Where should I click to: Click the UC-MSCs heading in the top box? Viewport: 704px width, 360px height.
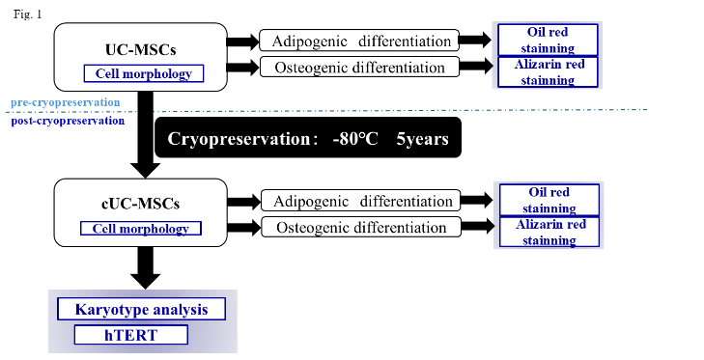pos(140,48)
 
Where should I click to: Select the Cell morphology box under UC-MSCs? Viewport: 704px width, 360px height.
pos(143,73)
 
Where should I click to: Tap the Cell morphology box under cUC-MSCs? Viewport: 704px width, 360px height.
pos(141,229)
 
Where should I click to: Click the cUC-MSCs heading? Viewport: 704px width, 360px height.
pos(141,204)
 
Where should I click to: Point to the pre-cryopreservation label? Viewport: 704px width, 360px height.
pos(66,101)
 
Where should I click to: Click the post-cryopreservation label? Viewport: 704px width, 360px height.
pos(68,121)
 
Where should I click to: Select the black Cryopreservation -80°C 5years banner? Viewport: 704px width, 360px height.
pos(308,137)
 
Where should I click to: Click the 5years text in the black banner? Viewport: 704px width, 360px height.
pos(421,137)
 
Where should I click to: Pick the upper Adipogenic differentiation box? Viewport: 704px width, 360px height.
pos(356,42)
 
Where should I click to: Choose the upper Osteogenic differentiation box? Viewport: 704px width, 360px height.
pos(356,68)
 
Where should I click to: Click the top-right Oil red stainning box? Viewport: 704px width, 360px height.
pos(548,40)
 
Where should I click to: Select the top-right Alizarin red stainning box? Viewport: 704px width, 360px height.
pos(548,71)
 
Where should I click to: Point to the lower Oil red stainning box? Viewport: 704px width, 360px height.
pos(548,200)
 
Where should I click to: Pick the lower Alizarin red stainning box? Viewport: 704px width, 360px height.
pos(548,232)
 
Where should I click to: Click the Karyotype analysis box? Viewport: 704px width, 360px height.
pos(141,309)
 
